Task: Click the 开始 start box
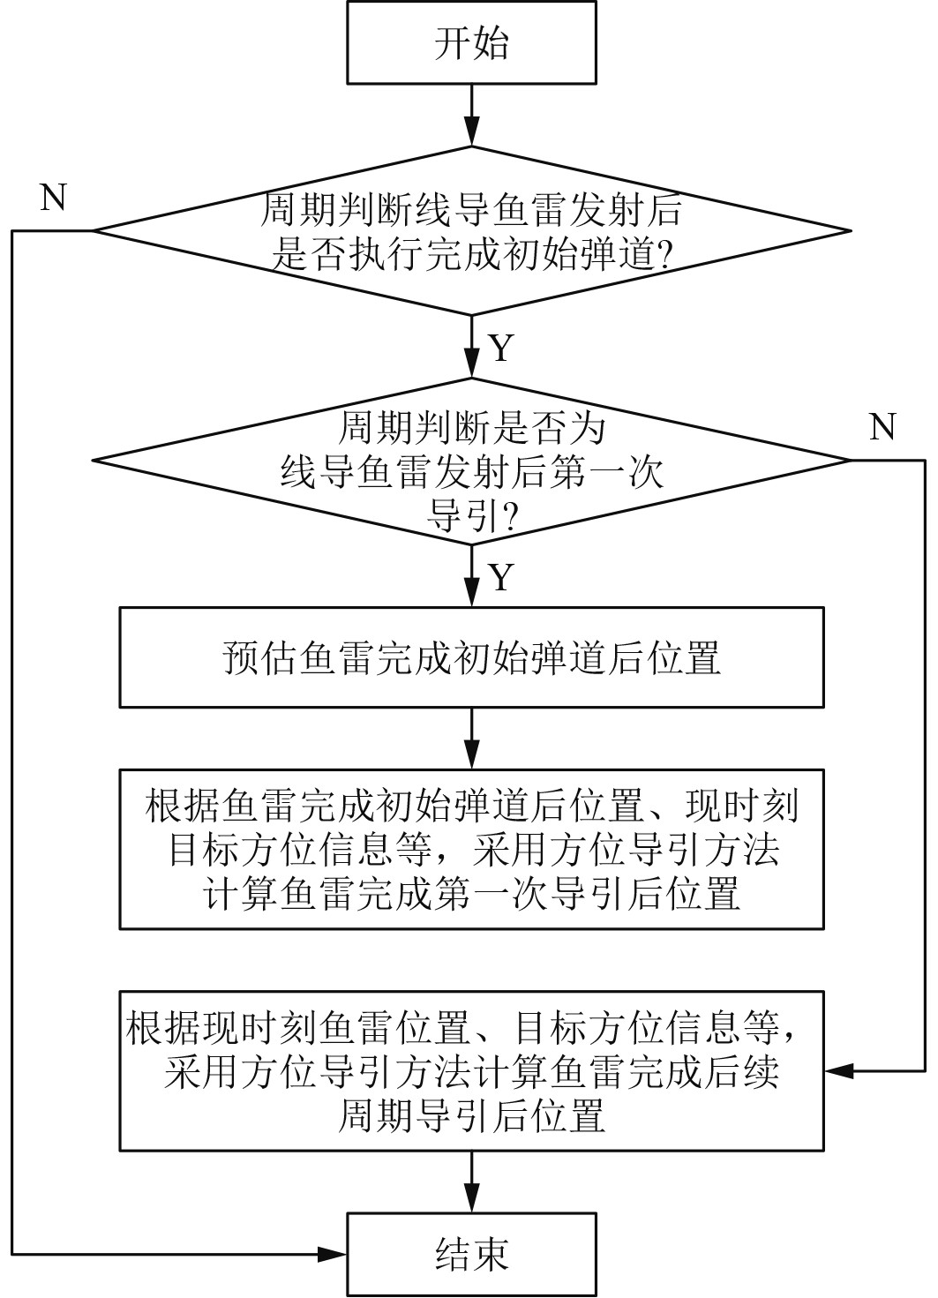coord(472,42)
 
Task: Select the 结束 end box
coord(472,1254)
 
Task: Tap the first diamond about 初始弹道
coord(472,231)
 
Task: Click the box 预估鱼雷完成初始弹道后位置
coord(472,657)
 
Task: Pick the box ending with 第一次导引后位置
coord(472,849)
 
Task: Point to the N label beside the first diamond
coord(54,199)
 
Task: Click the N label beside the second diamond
coord(882,427)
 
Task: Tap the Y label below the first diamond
coord(500,349)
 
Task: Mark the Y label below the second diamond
coord(500,578)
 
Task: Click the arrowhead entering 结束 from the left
coord(334,1254)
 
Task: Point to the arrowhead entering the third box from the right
coord(838,1071)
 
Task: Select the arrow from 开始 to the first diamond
coord(472,115)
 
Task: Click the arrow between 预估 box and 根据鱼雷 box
coord(472,738)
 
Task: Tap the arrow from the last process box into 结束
coord(472,1182)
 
